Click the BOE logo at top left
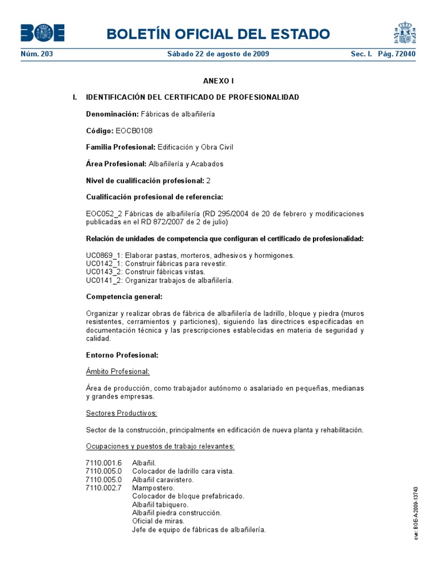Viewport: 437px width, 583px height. click(43, 33)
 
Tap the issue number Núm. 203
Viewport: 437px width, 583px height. click(37, 54)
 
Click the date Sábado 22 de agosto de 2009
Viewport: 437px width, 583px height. click(218, 54)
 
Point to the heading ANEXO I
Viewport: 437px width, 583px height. click(218, 81)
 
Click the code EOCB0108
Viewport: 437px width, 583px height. click(134, 130)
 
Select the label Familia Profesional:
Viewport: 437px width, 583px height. click(120, 147)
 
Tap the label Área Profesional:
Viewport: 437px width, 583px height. click(116, 164)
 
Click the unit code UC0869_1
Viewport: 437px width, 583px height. click(104, 256)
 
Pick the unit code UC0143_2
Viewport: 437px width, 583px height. click(104, 272)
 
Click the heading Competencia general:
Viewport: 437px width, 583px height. click(124, 297)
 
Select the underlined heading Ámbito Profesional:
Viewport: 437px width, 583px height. click(118, 372)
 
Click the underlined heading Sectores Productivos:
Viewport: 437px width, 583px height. click(121, 413)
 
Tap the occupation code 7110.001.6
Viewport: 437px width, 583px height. click(104, 463)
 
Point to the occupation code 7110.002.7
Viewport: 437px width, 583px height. click(104, 488)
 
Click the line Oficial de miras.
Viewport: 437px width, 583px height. click(158, 521)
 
